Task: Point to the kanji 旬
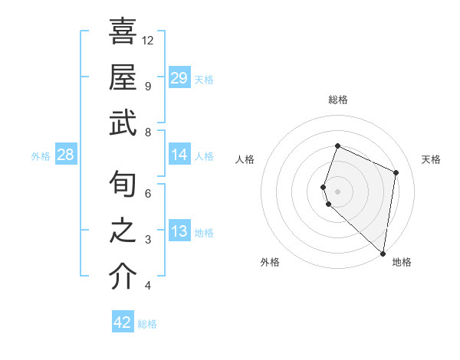123,184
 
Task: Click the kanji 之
123,231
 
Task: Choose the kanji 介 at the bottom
123,277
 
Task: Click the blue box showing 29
179,78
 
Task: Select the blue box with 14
179,155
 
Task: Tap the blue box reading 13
179,232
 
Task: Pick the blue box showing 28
65,155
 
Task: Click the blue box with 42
123,322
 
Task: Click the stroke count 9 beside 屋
148,86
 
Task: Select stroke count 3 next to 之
148,240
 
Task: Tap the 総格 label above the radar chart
338,100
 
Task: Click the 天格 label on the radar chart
431,159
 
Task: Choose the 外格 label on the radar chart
270,262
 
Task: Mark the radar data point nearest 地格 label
383,254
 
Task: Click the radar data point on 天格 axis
396,172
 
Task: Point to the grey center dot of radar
338,191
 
